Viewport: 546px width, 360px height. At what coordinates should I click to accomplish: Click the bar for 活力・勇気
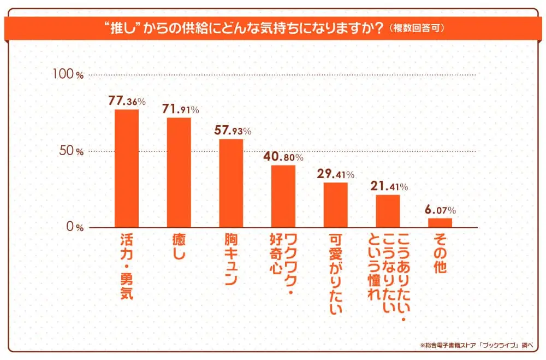tap(126, 168)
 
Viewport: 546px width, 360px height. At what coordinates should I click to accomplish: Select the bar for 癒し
tap(179, 172)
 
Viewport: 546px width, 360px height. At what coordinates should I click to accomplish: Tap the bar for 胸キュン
tap(231, 183)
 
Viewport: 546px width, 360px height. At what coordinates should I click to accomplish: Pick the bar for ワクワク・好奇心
tap(283, 196)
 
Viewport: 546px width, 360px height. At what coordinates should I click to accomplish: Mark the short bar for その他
tap(440, 222)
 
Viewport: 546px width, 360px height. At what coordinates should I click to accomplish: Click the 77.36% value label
tap(127, 101)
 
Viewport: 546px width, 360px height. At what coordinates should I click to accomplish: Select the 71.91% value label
tap(180, 109)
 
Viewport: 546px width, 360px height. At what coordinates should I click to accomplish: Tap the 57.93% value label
tap(232, 131)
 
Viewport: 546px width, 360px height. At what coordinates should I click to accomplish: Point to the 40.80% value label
tap(283, 157)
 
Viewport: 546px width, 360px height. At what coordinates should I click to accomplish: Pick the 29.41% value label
tap(335, 174)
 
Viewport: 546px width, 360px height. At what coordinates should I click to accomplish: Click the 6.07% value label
tap(440, 210)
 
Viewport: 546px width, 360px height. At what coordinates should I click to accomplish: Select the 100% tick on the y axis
tap(68, 75)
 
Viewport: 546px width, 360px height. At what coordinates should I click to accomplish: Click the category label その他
tap(440, 252)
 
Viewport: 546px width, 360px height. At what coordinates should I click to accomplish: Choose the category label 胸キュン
tap(231, 259)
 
